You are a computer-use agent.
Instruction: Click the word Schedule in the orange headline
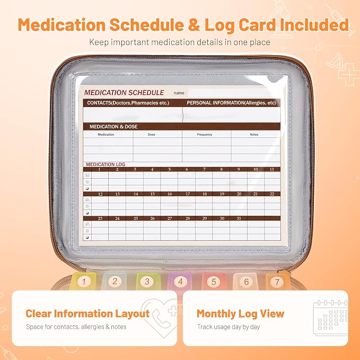tap(147, 25)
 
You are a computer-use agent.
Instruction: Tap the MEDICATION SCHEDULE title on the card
tap(124, 93)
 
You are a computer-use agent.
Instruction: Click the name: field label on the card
tap(180, 93)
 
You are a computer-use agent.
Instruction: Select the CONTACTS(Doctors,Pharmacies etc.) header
tap(128, 103)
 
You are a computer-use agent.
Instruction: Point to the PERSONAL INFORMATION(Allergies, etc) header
tap(231, 103)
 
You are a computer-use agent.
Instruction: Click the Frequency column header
tap(205, 135)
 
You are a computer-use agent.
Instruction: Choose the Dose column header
tap(152, 135)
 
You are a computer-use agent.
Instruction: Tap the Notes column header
tap(254, 135)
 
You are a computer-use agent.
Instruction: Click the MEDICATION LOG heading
tap(106, 164)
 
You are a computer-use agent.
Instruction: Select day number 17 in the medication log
tap(188, 194)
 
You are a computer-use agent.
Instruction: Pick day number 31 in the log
tap(239, 218)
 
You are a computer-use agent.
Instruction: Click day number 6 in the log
tap(187, 170)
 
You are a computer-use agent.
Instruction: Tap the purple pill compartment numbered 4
tap(180, 281)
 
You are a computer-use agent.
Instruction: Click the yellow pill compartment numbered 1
tap(84, 281)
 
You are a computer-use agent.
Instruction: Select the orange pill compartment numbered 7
tap(277, 281)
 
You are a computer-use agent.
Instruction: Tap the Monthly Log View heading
tap(240, 314)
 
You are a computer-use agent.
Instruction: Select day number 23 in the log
tap(100, 218)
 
